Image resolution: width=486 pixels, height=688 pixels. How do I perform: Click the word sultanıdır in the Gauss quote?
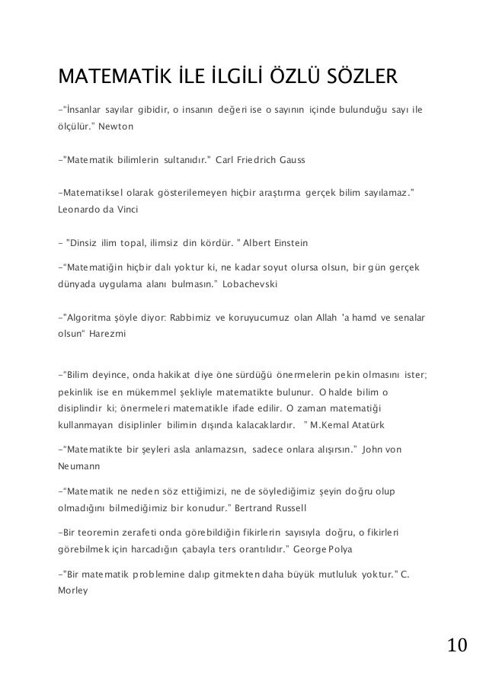tap(187, 161)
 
